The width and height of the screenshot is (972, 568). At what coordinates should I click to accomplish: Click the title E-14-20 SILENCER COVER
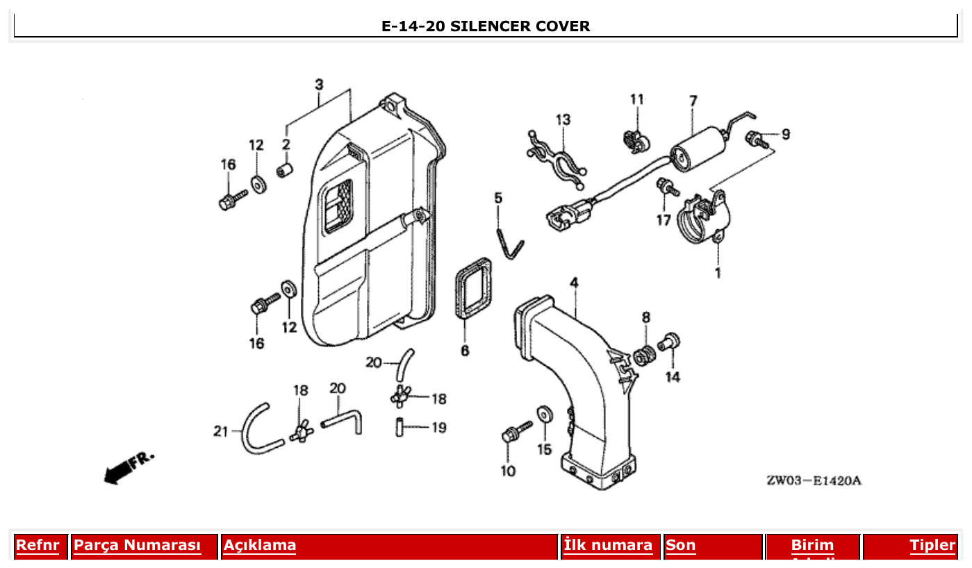tap(486, 26)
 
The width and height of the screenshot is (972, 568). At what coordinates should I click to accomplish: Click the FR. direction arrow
tap(128, 467)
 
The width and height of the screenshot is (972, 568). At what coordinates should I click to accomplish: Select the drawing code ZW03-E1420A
tap(814, 481)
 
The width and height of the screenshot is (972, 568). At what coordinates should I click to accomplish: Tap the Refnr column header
tap(38, 545)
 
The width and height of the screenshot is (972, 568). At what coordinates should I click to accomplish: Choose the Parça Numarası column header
tap(137, 545)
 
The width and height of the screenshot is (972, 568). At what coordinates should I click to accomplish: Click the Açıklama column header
tap(260, 545)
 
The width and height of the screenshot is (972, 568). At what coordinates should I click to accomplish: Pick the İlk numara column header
tap(608, 545)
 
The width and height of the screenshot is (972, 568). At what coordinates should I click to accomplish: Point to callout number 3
tap(319, 85)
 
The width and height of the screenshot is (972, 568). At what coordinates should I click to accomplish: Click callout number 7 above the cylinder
tap(693, 101)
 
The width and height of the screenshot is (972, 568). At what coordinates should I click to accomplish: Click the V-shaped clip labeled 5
tap(511, 242)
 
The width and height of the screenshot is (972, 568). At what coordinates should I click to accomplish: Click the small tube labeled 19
tap(399, 426)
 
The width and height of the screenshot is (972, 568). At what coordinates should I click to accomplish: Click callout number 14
tap(672, 377)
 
